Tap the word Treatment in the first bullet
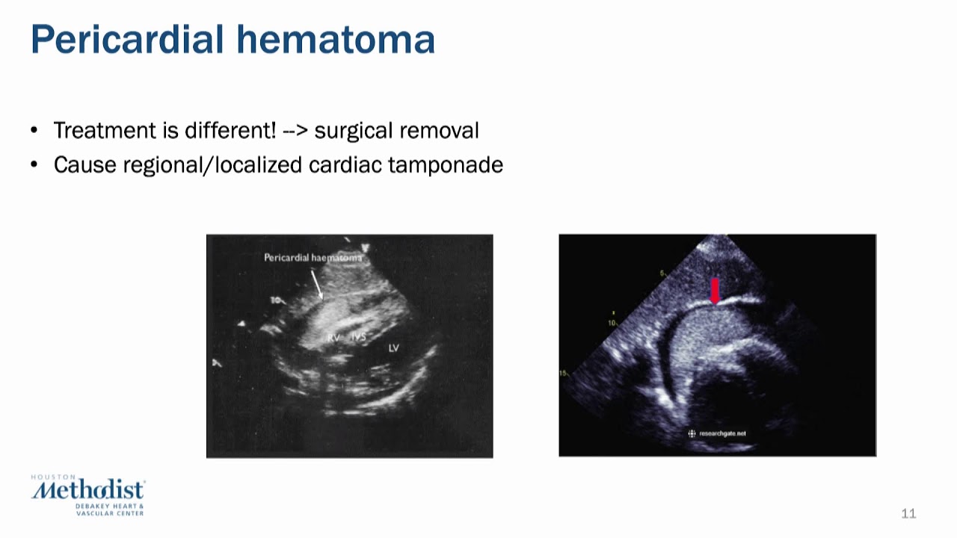[105, 131]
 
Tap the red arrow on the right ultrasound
[715, 290]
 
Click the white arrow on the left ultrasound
[316, 285]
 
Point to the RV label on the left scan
[333, 338]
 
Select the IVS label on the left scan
[359, 338]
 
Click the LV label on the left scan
[393, 348]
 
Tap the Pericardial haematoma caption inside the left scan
[313, 258]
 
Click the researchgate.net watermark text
[722, 433]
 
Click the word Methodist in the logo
[88, 491]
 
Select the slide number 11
[908, 513]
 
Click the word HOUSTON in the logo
[53, 477]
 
